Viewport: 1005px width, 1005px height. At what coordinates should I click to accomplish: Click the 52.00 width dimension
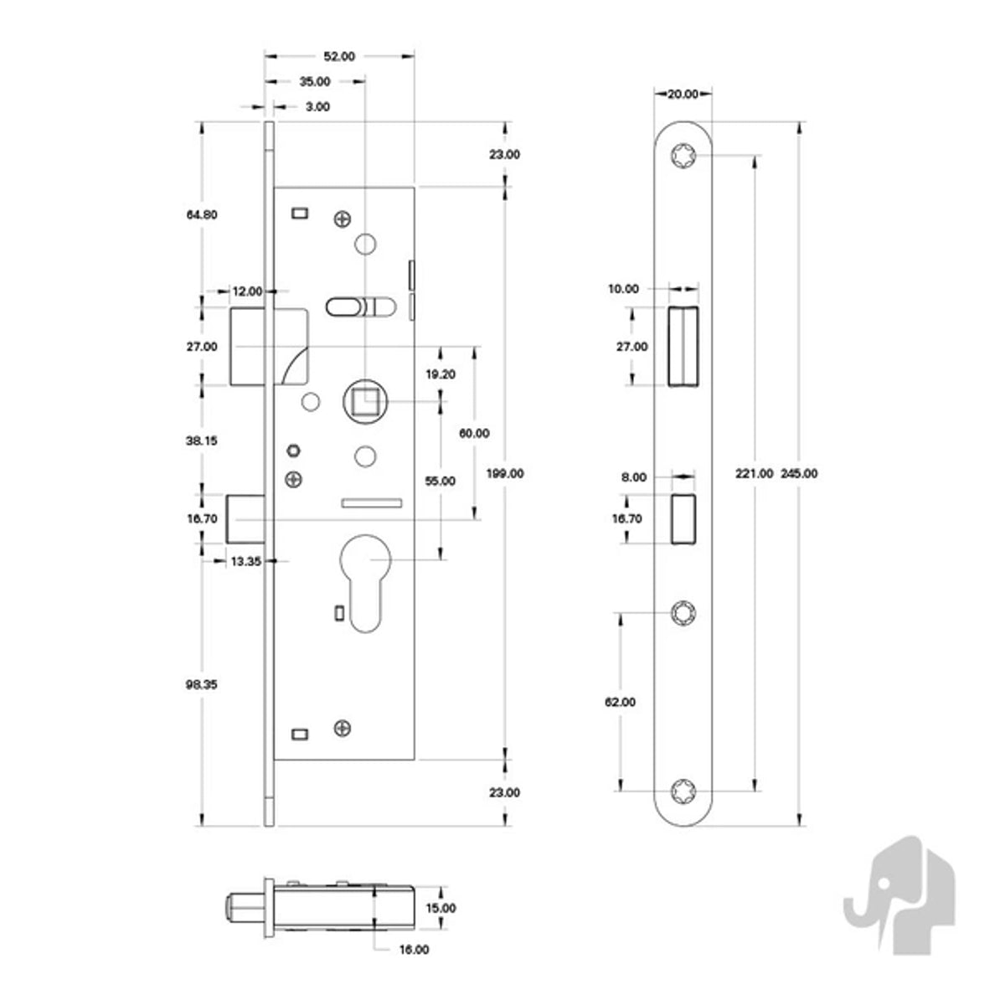(x=339, y=56)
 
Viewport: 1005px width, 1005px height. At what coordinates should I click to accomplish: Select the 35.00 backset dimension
(x=315, y=82)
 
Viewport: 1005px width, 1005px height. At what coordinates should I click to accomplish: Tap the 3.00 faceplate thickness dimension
(x=317, y=107)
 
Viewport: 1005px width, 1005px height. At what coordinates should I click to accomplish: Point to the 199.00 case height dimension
(x=504, y=473)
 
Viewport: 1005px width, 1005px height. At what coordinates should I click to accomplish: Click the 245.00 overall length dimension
(x=799, y=473)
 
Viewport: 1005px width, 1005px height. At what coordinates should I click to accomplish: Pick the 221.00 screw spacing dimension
(x=754, y=473)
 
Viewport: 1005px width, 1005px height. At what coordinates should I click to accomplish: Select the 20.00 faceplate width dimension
(x=683, y=95)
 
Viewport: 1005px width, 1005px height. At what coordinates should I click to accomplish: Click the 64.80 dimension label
(x=202, y=215)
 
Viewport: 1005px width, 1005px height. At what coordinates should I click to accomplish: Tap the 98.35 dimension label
(x=201, y=685)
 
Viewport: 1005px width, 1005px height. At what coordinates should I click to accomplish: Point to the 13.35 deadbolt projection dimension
(x=246, y=562)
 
